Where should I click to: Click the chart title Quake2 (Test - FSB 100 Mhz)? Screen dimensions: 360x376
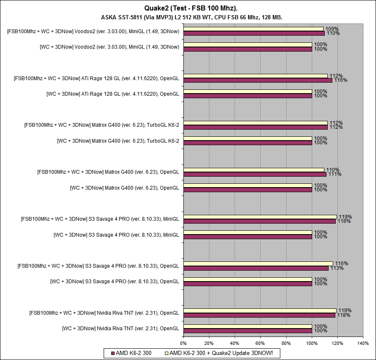click(x=188, y=8)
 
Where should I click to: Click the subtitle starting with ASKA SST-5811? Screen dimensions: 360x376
click(x=192, y=17)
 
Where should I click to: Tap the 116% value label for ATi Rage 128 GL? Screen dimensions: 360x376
click(x=341, y=80)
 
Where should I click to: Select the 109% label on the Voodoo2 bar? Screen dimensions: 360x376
click(x=332, y=29)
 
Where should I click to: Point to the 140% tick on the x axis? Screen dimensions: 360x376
click(x=363, y=344)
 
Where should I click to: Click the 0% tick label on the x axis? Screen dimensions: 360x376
click(x=183, y=344)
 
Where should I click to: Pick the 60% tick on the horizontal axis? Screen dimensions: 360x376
click(x=261, y=344)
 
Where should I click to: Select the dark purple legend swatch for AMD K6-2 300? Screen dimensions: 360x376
click(x=112, y=353)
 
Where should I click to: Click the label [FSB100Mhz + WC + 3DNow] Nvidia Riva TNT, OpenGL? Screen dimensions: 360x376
click(x=104, y=313)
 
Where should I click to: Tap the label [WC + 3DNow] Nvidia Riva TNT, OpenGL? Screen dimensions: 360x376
click(x=120, y=328)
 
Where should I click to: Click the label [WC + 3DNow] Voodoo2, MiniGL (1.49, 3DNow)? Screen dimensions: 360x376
click(x=110, y=47)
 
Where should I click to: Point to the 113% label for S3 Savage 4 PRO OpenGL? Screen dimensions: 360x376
click(x=337, y=268)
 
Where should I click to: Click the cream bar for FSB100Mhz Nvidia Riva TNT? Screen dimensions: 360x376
click(x=260, y=310)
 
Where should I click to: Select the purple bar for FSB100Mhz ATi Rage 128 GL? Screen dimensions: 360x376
click(x=258, y=80)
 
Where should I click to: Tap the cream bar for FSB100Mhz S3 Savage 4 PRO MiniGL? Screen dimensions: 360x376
click(x=260, y=217)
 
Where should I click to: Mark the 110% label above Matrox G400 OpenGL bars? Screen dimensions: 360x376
click(x=333, y=170)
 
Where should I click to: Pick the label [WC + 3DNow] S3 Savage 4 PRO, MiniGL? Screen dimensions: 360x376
click(x=116, y=235)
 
